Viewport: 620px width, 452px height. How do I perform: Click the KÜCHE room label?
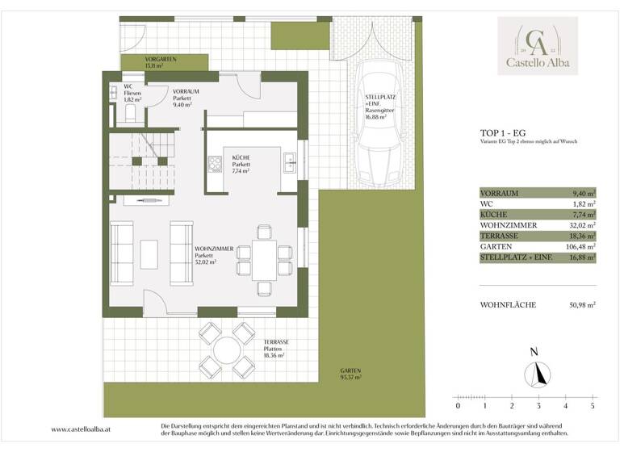click(241, 158)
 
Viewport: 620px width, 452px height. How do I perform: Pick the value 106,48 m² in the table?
click(579, 247)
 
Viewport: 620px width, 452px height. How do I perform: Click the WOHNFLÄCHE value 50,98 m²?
click(579, 305)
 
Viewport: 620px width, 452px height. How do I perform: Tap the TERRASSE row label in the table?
click(498, 236)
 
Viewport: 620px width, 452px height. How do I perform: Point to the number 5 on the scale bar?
click(593, 406)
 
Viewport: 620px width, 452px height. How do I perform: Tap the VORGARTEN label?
click(161, 60)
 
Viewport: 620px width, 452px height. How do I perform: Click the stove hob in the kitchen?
click(216, 165)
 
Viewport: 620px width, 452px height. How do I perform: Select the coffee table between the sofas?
click(149, 254)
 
